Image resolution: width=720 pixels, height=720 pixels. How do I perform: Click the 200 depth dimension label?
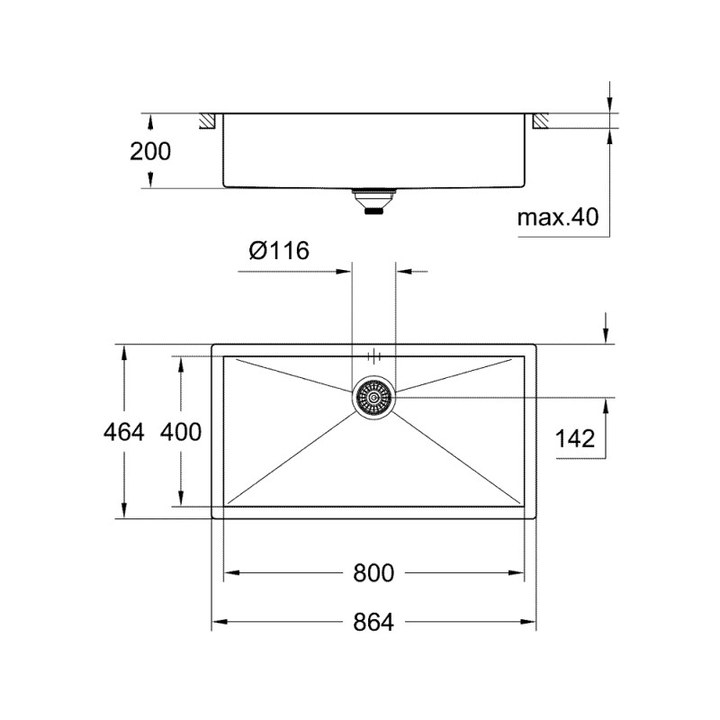149,151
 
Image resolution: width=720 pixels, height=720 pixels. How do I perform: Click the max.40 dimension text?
558,217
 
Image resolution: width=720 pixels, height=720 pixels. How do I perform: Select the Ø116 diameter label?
279,251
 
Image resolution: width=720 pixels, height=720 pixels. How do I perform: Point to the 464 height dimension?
124,433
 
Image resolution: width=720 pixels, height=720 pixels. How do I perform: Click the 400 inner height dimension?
180,433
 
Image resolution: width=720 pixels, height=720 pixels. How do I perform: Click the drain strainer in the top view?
373,397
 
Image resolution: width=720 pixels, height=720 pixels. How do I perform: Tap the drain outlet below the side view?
373,201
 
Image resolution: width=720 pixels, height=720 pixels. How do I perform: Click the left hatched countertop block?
207,120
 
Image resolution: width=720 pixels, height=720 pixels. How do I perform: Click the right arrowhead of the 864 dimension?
531,622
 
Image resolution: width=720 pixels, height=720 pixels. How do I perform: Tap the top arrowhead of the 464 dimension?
123,351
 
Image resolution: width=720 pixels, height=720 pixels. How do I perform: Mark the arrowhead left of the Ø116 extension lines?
343,270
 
